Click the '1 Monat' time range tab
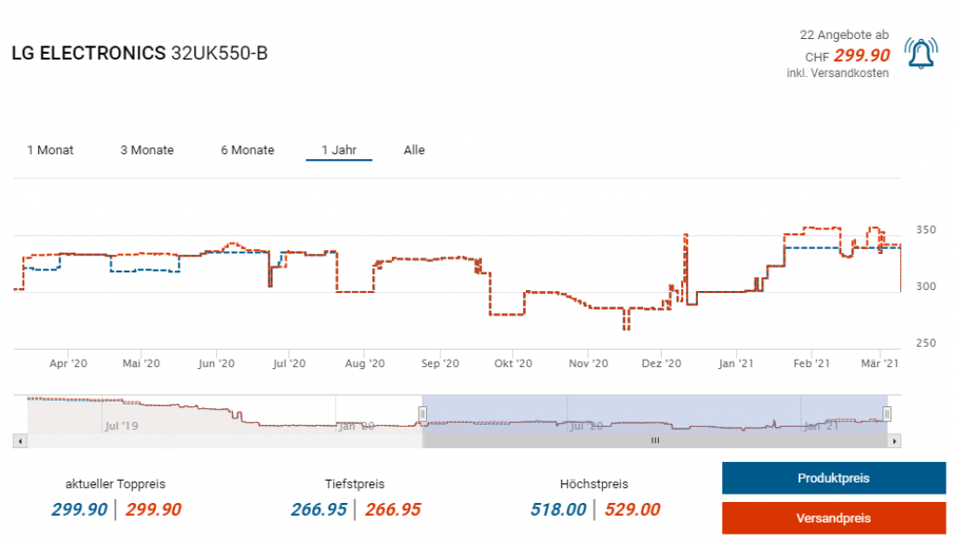coord(50,150)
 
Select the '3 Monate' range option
coord(147,150)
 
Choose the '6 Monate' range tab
coord(248,150)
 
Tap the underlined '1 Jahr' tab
coord(339,150)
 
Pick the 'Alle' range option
coord(414,150)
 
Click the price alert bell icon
coord(920,54)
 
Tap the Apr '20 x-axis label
coord(68,364)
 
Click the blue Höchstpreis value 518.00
coord(558,509)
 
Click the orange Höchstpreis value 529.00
coord(632,509)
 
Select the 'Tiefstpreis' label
coord(355,484)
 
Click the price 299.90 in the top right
coord(862,55)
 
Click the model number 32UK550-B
coord(220,53)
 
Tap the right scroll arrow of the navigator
coord(895,441)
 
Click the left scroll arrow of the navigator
coord(20,441)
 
